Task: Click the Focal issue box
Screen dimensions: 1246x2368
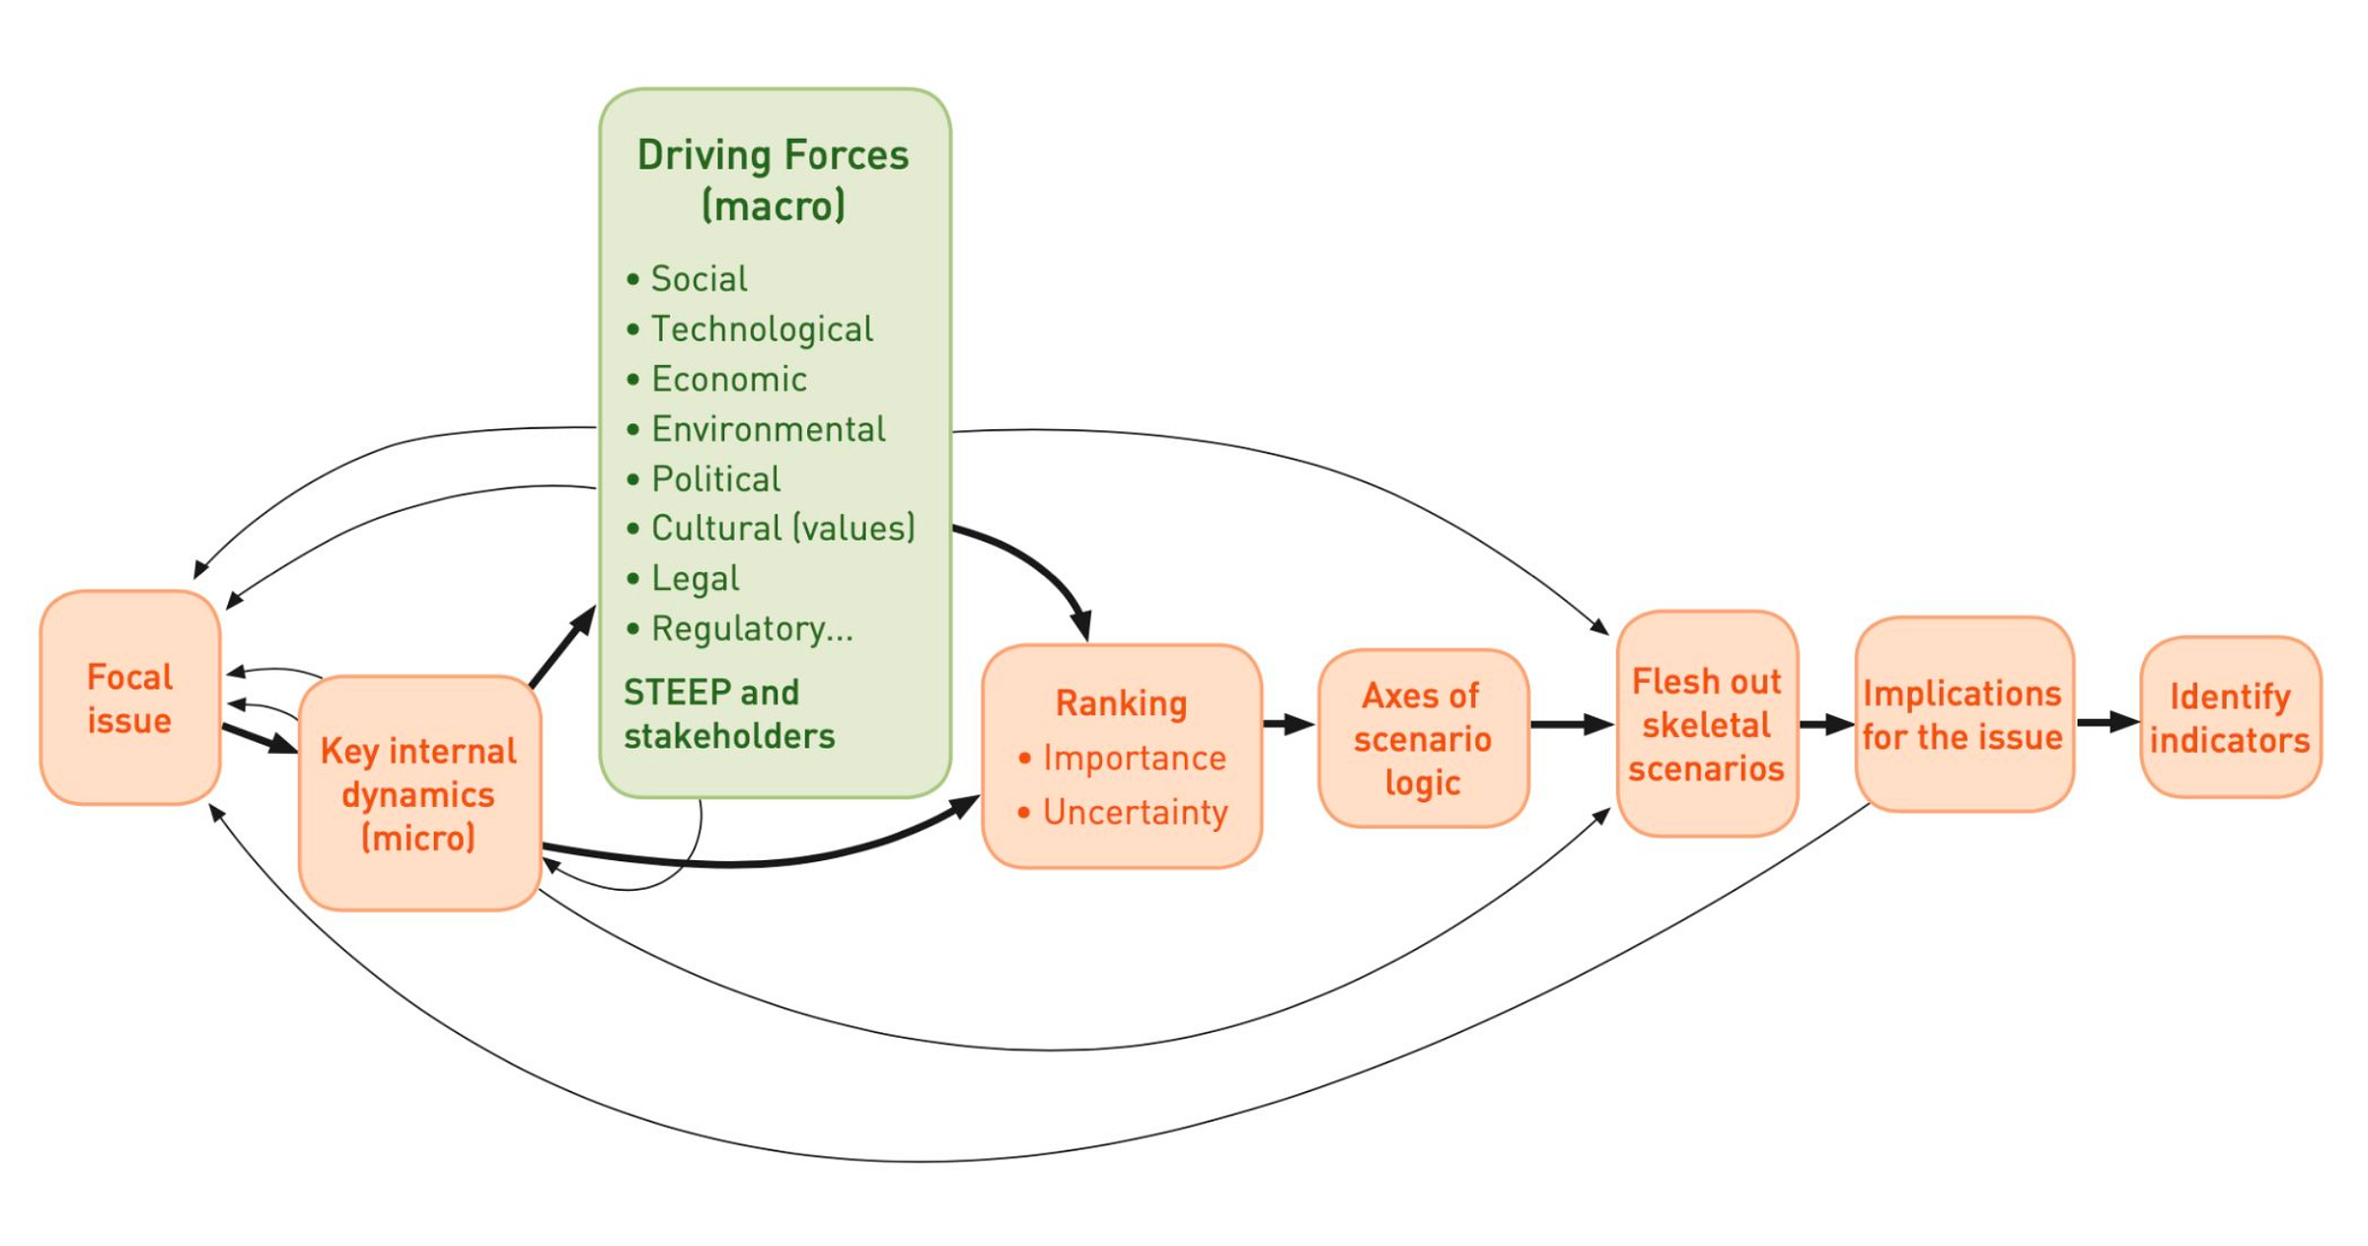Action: (x=129, y=697)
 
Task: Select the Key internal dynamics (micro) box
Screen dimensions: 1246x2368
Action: (x=418, y=793)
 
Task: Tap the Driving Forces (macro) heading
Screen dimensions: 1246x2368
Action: (x=773, y=180)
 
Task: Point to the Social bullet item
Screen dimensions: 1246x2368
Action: (x=699, y=279)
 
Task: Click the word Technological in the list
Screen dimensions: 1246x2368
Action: (x=762, y=330)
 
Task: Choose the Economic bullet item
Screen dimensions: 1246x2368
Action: (x=729, y=380)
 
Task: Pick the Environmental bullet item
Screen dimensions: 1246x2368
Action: (x=769, y=429)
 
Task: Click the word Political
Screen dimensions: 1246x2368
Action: (x=716, y=479)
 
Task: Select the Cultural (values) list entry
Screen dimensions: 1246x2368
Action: (x=782, y=529)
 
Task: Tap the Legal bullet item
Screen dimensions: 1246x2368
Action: (x=695, y=579)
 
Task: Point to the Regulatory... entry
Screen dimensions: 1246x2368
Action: (x=752, y=628)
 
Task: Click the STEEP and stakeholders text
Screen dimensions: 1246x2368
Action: (x=728, y=714)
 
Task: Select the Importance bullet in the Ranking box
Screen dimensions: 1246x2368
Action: (x=1134, y=758)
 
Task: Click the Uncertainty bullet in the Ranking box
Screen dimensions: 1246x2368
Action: (x=1135, y=812)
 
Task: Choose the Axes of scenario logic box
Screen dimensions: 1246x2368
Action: (x=1422, y=738)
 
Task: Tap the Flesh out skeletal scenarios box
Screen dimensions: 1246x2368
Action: (x=1706, y=724)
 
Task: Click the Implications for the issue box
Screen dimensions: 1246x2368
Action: (x=1962, y=714)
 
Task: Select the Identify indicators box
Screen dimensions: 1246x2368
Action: (x=2230, y=717)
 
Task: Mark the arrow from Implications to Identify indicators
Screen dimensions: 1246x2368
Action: (x=2107, y=722)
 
